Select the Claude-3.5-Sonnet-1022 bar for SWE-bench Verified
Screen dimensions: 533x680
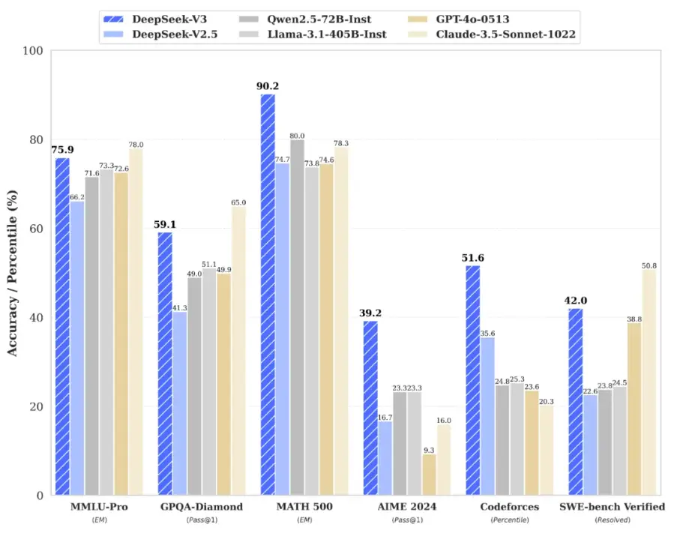[649, 382]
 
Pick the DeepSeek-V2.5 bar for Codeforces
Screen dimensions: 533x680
[487, 416]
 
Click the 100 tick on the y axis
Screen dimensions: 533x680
[34, 51]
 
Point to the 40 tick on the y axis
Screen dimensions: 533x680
[36, 318]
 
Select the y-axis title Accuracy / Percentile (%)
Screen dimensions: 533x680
[12, 273]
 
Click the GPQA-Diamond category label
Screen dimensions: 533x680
[202, 507]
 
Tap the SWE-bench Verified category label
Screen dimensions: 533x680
[612, 507]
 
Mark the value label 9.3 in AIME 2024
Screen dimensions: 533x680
[429, 450]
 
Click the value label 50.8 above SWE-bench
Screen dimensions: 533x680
[649, 265]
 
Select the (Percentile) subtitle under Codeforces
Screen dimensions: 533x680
[509, 520]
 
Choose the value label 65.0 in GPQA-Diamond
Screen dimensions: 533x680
[238, 202]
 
